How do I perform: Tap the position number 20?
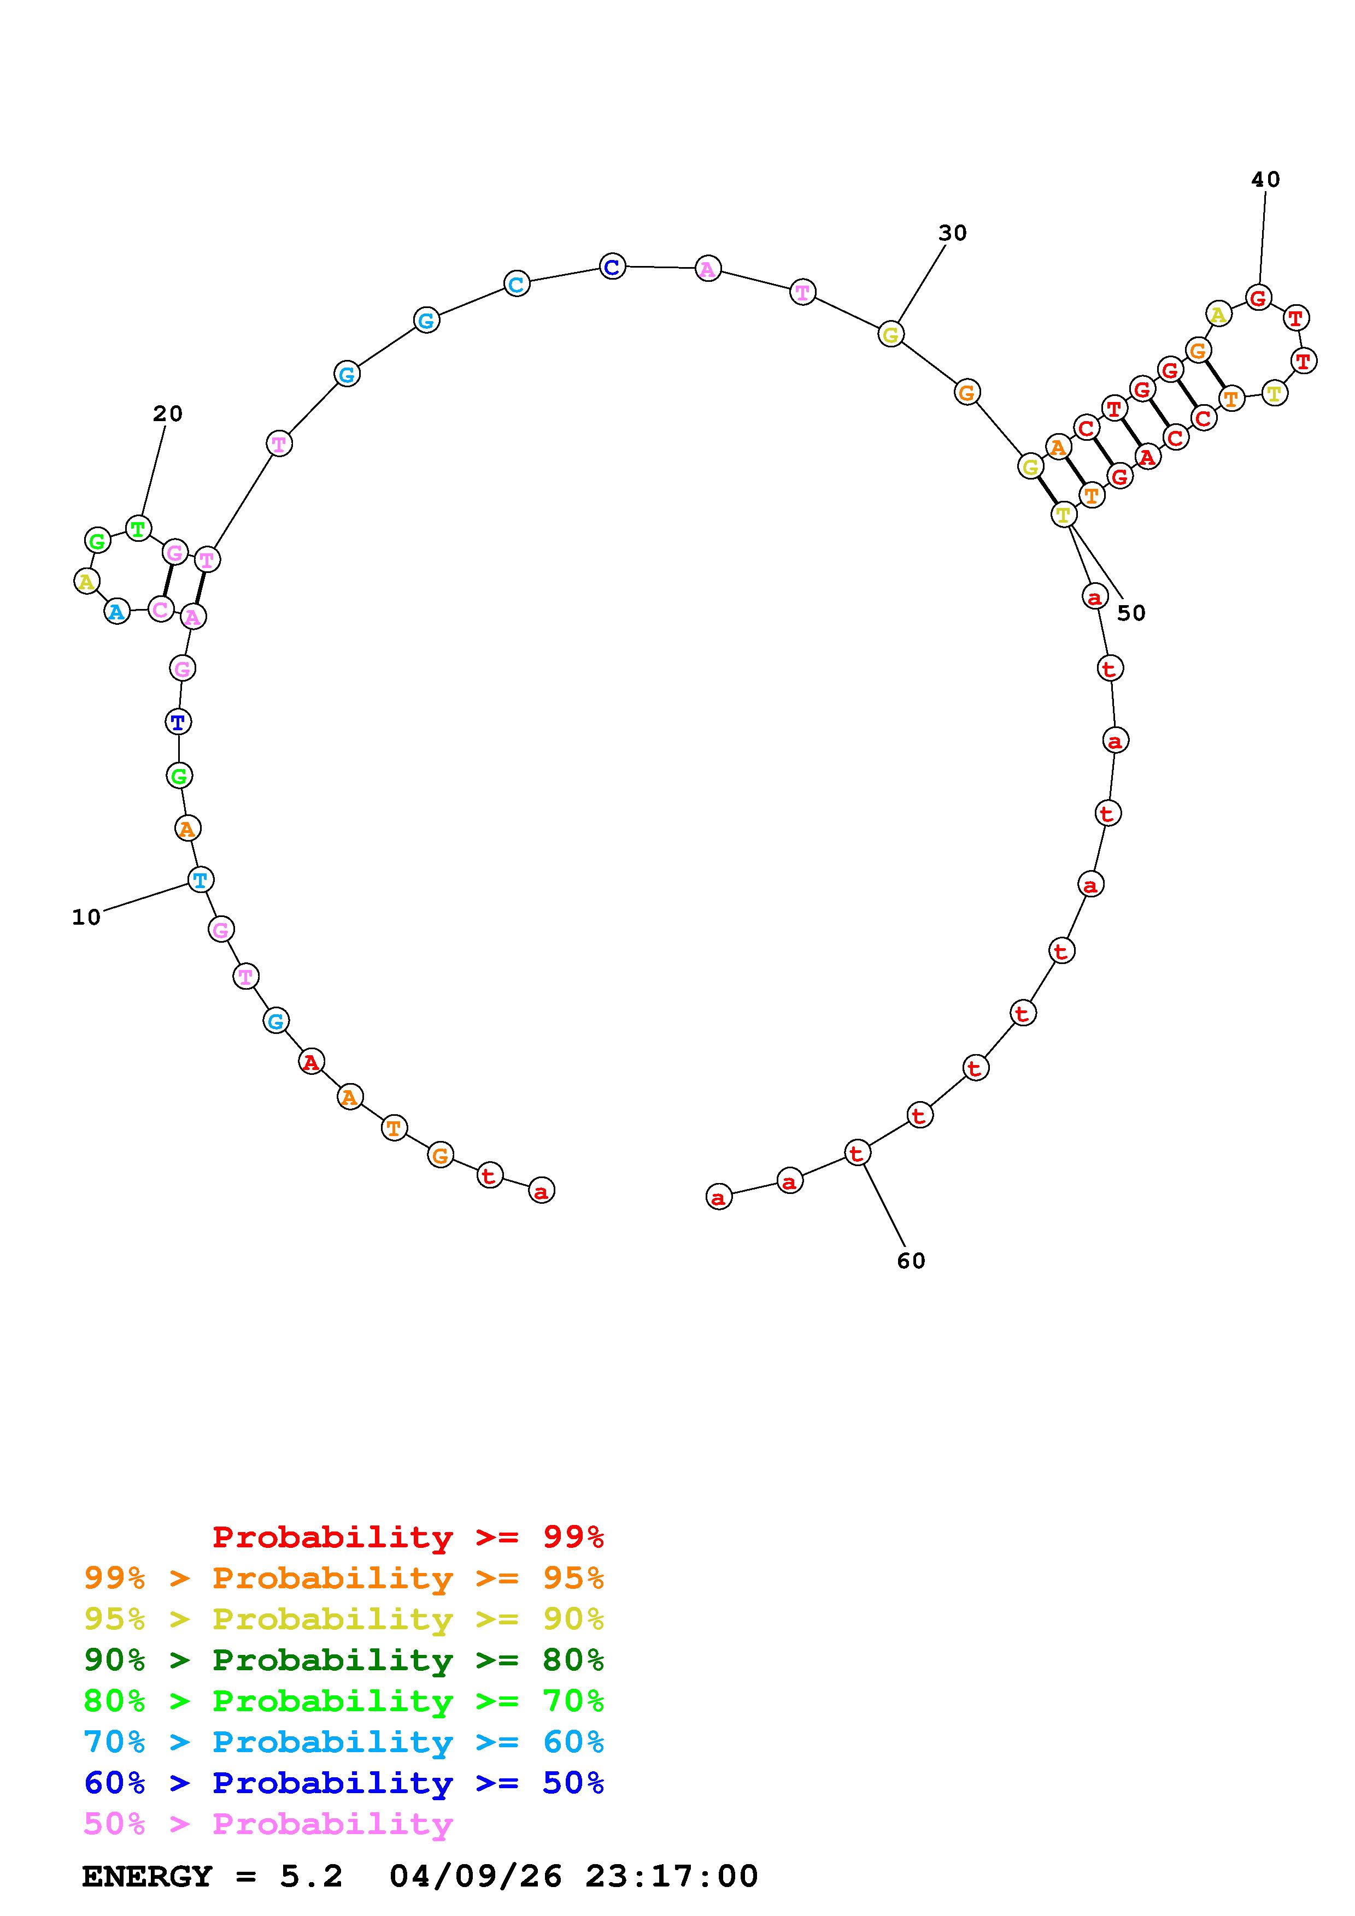click(x=168, y=414)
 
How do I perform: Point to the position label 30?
click(x=953, y=234)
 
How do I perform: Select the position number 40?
click(x=1266, y=179)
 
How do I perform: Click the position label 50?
click(x=1131, y=613)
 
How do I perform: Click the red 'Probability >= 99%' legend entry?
click(x=408, y=1537)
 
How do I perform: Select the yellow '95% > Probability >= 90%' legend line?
click(x=344, y=1619)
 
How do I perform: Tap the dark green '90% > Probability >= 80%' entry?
click(x=344, y=1660)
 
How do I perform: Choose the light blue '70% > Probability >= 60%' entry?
click(x=344, y=1742)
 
